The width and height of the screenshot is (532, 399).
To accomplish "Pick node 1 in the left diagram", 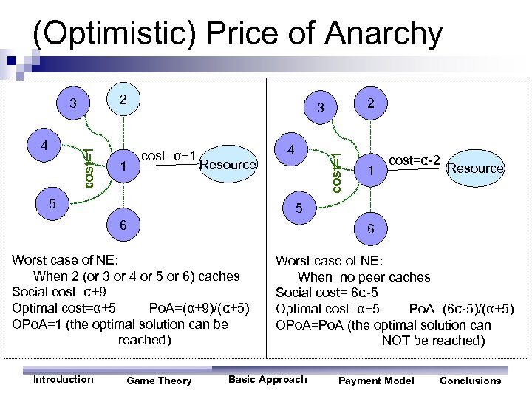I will point(123,168).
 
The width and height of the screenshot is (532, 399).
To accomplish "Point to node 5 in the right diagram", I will point(300,209).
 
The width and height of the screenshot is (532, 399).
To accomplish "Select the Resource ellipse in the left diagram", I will point(227,164).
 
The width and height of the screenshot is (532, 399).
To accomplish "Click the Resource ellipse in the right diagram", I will point(475,168).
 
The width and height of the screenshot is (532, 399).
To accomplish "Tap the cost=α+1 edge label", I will point(168,156).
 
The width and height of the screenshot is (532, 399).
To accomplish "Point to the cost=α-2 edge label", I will point(415,160).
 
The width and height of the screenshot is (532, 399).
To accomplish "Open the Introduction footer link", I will point(64,380).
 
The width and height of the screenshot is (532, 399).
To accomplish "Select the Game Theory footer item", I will point(159,381).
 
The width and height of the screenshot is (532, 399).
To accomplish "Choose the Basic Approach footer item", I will point(267,380).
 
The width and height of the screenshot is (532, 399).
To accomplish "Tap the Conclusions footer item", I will point(470,381).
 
